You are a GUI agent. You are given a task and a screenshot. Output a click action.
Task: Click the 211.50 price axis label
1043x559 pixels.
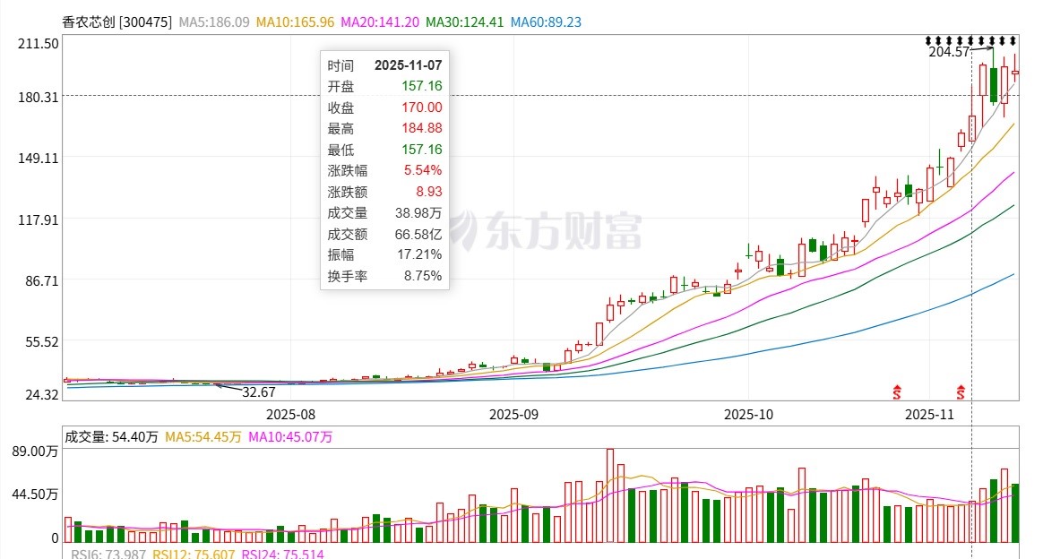point(39,43)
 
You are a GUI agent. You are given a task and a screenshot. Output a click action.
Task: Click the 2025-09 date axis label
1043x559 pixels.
point(513,415)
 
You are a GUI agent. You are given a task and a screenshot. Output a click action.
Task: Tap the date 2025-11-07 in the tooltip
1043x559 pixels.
point(408,65)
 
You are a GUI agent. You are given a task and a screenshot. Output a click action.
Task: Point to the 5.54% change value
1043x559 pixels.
point(422,170)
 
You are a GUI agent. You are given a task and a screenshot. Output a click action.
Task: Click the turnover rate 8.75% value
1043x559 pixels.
point(423,276)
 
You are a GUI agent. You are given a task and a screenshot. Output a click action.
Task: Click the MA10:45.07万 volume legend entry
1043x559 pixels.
point(289,437)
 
